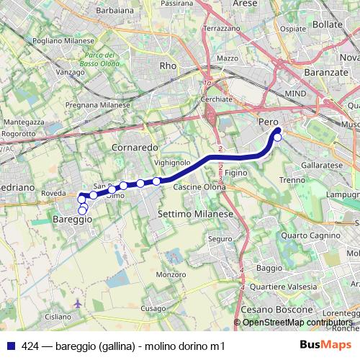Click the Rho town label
click(x=168, y=66)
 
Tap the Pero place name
click(x=268, y=123)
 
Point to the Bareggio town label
click(x=72, y=219)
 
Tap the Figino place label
click(x=236, y=174)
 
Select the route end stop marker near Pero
click(x=278, y=137)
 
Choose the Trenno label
click(x=292, y=179)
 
